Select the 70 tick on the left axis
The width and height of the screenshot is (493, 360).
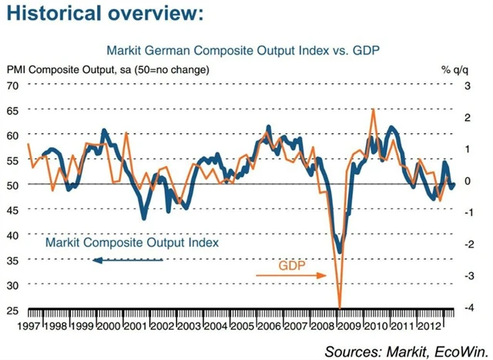pos(13,85)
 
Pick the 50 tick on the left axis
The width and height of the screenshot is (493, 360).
pos(13,185)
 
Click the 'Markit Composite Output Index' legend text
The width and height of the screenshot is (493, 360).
pos(132,242)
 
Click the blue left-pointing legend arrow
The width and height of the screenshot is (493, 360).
pos(127,260)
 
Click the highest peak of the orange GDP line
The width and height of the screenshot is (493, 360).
pos(374,109)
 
